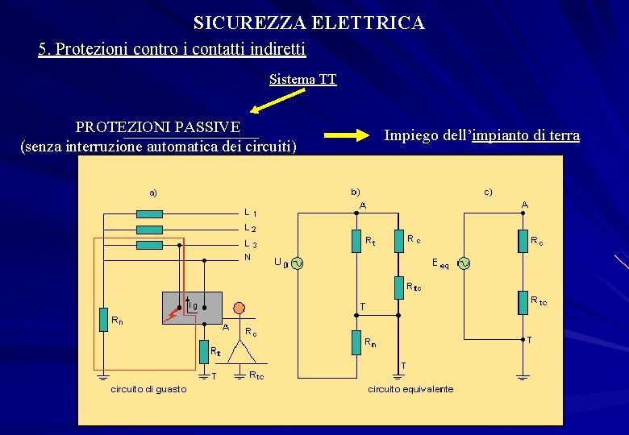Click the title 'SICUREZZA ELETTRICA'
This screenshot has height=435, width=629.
pyautogui.click(x=309, y=23)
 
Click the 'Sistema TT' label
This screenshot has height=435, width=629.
pyautogui.click(x=302, y=79)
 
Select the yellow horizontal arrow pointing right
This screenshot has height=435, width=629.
pyautogui.click(x=345, y=136)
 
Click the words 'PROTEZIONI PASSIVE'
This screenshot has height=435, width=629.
pyautogui.click(x=157, y=127)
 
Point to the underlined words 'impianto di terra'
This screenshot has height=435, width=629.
pyautogui.click(x=526, y=135)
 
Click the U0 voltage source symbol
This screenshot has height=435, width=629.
pyautogui.click(x=296, y=263)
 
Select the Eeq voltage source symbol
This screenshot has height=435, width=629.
pyautogui.click(x=464, y=263)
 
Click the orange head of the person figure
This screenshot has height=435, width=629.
pyautogui.click(x=239, y=308)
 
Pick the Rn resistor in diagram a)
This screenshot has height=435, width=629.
pyautogui.click(x=103, y=319)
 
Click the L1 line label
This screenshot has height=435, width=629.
pyautogui.click(x=251, y=213)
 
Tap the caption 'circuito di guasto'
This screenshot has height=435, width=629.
pyautogui.click(x=148, y=390)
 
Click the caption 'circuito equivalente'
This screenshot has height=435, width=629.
pyautogui.click(x=410, y=390)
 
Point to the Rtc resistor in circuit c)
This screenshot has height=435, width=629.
pyautogui.click(x=522, y=304)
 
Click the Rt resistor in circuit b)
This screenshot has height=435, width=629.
pyautogui.click(x=356, y=241)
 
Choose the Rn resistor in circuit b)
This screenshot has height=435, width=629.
pyautogui.click(x=356, y=342)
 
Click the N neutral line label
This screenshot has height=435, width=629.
pyautogui.click(x=248, y=258)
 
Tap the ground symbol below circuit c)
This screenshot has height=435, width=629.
pyautogui.click(x=522, y=376)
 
